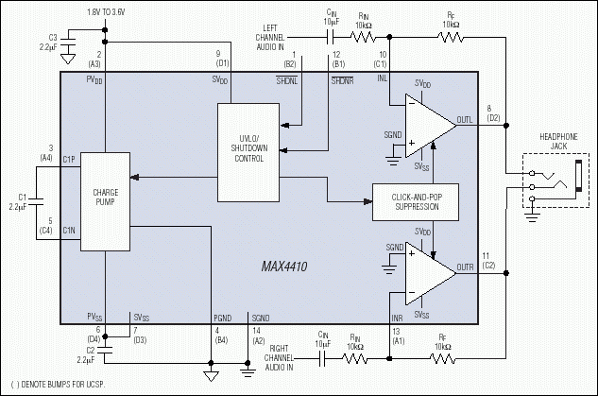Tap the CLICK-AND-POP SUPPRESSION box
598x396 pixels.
pyautogui.click(x=416, y=200)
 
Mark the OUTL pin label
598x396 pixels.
pyautogui.click(x=465, y=119)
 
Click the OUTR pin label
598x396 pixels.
pyautogui.click(x=465, y=267)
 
